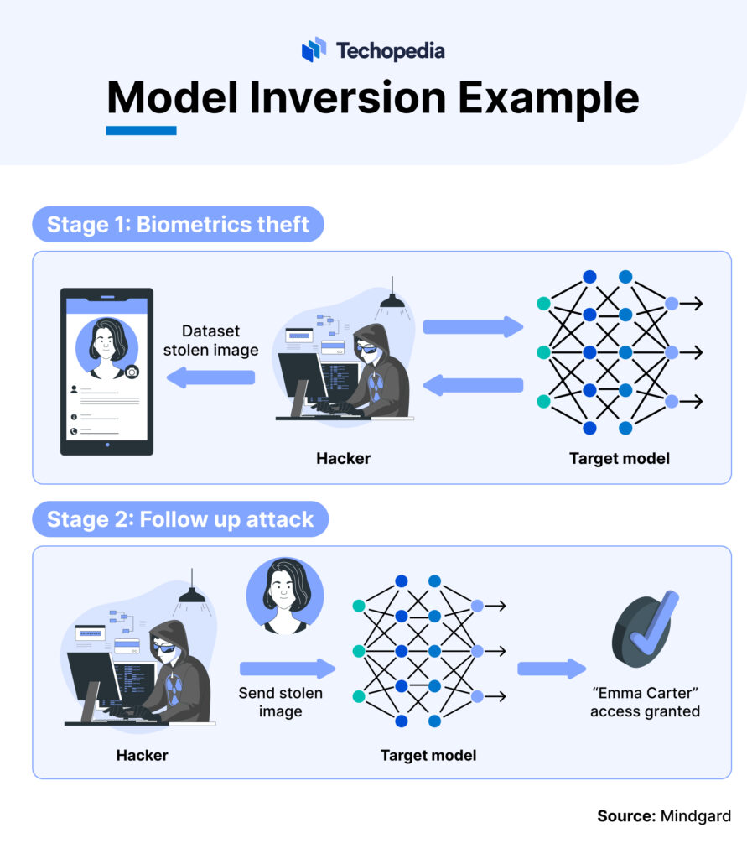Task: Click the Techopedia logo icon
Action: (x=314, y=49)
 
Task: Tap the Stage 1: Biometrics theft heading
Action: (x=178, y=224)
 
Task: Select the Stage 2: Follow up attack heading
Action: (x=180, y=519)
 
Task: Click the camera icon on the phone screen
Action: (x=132, y=372)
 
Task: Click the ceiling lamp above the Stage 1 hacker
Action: (x=392, y=299)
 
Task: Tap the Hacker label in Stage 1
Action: (x=343, y=459)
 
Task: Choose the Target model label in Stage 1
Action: (x=619, y=459)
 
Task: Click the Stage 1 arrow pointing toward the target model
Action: (x=473, y=326)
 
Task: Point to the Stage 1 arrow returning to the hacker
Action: (x=473, y=385)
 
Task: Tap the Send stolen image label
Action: (x=280, y=702)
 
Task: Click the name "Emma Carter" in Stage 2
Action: (x=645, y=694)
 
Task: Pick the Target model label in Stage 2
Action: (x=428, y=755)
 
